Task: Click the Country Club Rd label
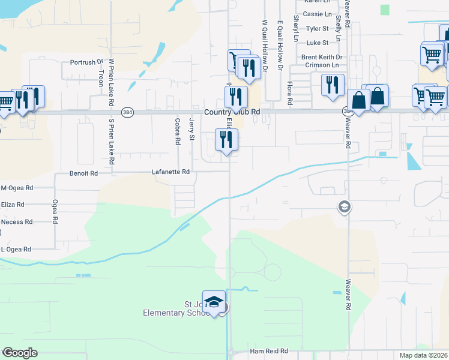tap(232, 112)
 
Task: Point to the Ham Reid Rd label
tap(268, 351)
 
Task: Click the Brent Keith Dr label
tap(321, 58)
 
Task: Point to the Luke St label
tap(318, 43)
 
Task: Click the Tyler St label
tap(318, 28)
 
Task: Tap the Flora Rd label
tap(289, 93)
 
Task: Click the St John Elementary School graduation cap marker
tap(214, 302)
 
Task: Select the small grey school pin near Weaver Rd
tap(345, 207)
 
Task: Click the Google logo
tap(20, 353)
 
